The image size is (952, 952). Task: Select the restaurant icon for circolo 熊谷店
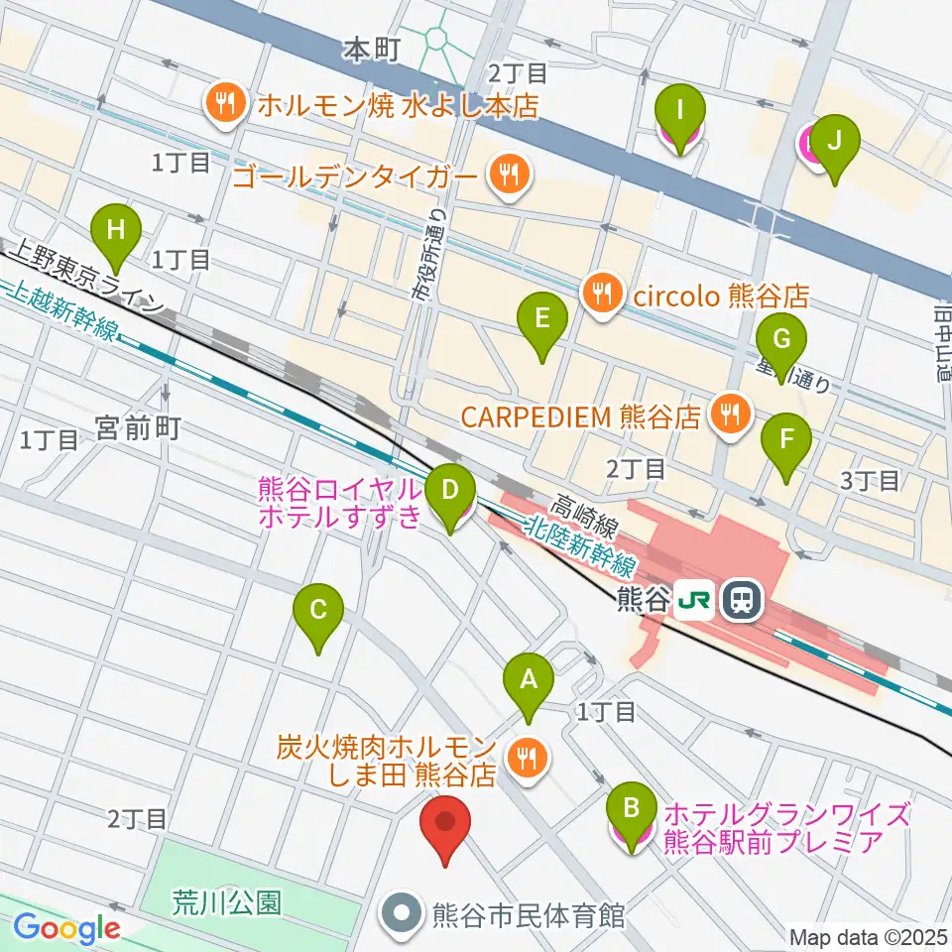[601, 293]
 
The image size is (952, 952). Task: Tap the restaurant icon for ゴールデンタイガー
[509, 177]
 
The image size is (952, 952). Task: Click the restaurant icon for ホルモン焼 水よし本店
[225, 103]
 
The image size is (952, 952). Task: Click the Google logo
[66, 929]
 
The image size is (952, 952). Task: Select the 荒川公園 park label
[226, 901]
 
